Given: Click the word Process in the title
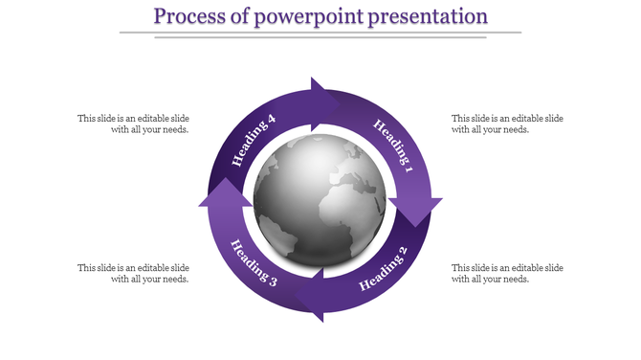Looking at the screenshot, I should (x=190, y=16).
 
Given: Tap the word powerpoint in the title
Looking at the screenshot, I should (x=312, y=16).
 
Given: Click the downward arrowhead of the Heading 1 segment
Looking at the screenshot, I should (x=415, y=209).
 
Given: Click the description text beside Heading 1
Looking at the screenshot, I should (x=507, y=124).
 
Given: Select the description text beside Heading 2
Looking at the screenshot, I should (x=507, y=273).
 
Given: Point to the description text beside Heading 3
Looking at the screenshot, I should (x=133, y=273).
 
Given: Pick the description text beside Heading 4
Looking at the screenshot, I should (x=133, y=124).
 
